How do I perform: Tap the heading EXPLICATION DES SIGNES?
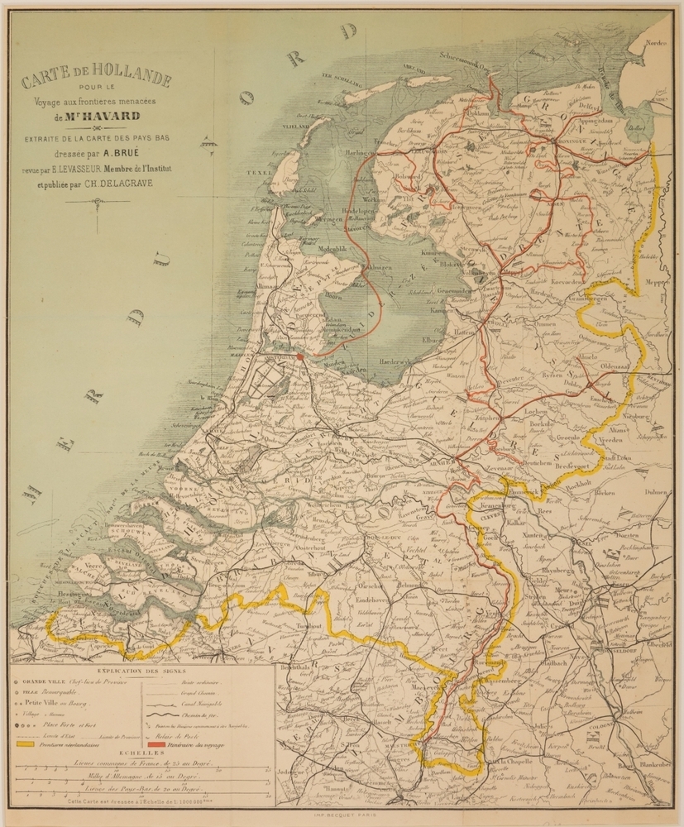pos(141,671)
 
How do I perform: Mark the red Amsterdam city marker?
pos(300,356)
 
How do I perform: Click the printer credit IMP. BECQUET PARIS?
pos(342,814)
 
